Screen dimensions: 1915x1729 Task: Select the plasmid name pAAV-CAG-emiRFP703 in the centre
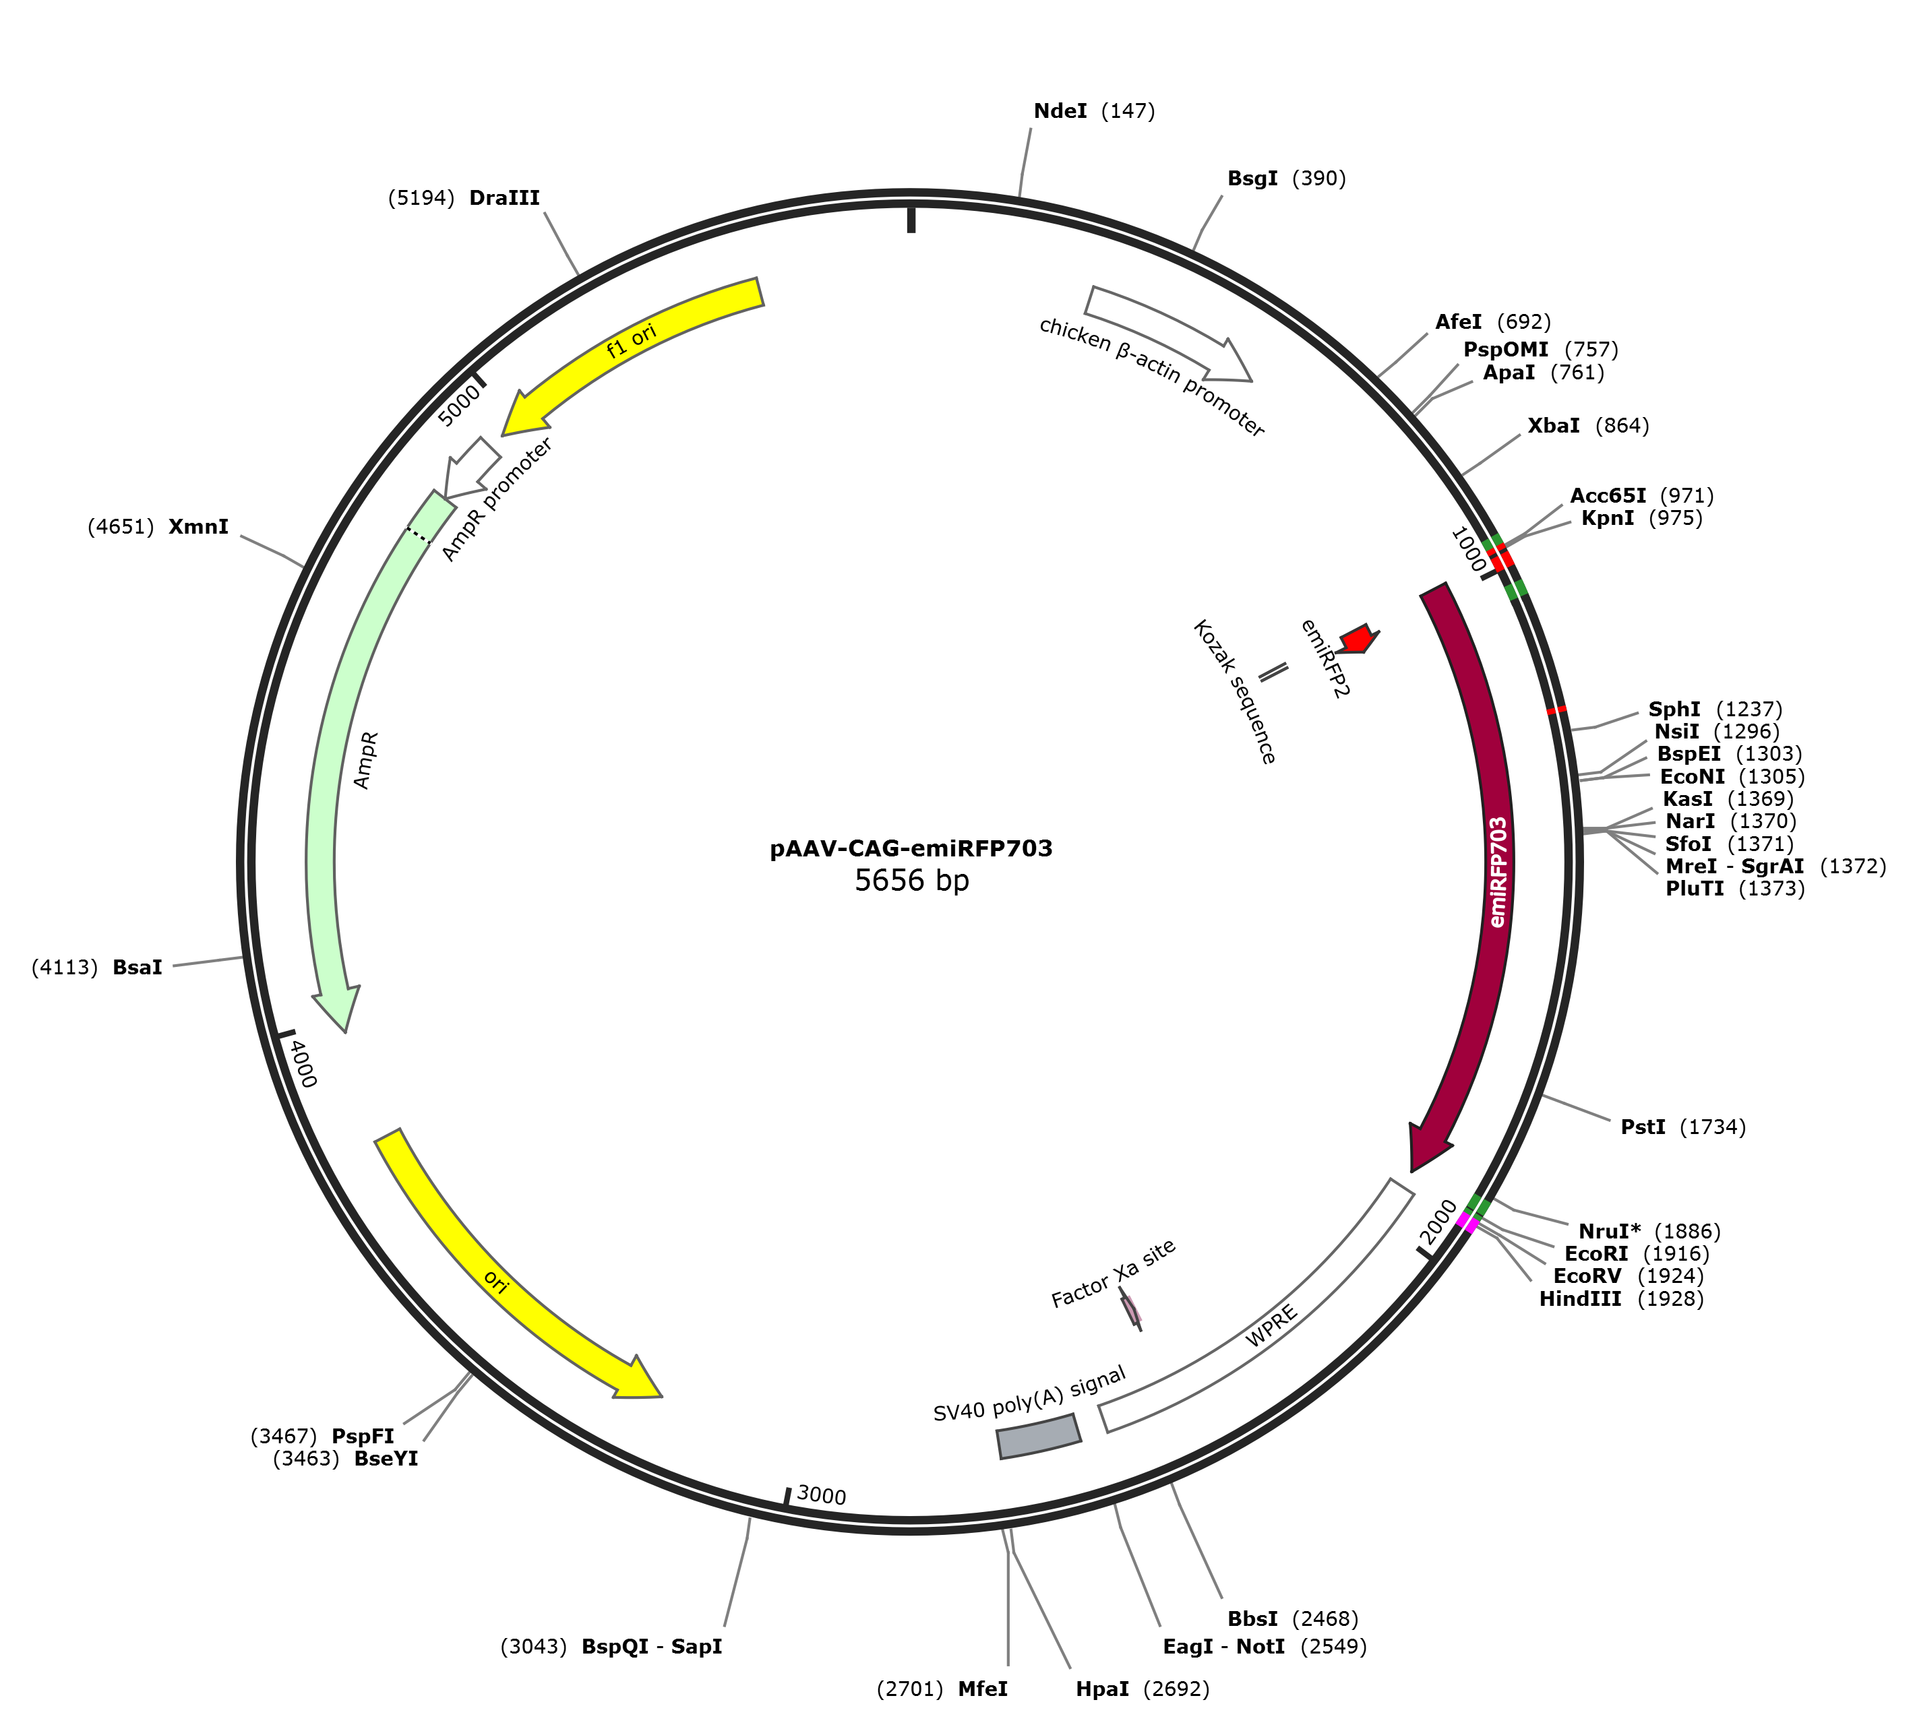(911, 848)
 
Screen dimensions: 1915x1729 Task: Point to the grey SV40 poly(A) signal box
(1038, 1437)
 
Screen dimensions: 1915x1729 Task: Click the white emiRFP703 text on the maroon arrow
(1498, 872)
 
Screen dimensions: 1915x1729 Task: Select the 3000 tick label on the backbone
(821, 1495)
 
